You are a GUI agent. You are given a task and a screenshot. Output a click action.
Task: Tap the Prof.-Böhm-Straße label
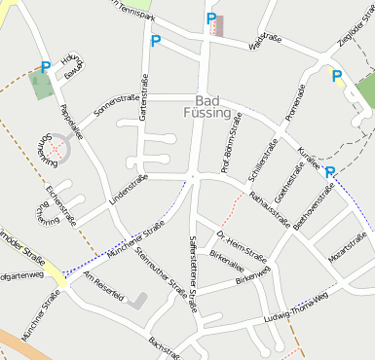click(231, 143)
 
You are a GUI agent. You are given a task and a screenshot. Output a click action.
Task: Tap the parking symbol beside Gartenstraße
click(155, 42)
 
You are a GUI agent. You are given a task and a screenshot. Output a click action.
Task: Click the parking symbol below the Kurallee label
click(330, 173)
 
